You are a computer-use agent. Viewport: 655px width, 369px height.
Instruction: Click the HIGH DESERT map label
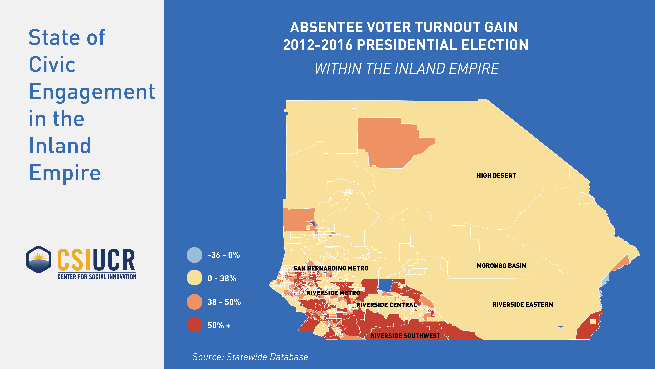click(x=496, y=175)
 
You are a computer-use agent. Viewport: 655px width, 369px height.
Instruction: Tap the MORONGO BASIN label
click(x=501, y=266)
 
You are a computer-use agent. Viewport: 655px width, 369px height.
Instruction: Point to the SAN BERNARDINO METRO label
click(x=331, y=268)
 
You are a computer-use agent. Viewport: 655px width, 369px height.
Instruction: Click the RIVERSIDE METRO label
click(x=333, y=293)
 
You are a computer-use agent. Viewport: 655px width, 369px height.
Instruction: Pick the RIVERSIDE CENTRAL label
click(x=386, y=305)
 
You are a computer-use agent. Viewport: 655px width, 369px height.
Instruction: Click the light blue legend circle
click(x=195, y=255)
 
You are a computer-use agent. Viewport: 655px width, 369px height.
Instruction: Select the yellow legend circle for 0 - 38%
click(x=195, y=278)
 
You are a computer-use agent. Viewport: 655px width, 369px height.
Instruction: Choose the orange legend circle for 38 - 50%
click(x=195, y=302)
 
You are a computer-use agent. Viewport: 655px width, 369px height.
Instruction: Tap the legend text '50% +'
click(x=219, y=325)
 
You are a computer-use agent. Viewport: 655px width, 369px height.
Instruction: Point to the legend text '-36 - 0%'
click(x=224, y=255)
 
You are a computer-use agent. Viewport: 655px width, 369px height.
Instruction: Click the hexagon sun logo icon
click(x=39, y=259)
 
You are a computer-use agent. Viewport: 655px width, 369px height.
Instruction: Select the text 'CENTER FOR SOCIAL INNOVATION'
click(x=97, y=277)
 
